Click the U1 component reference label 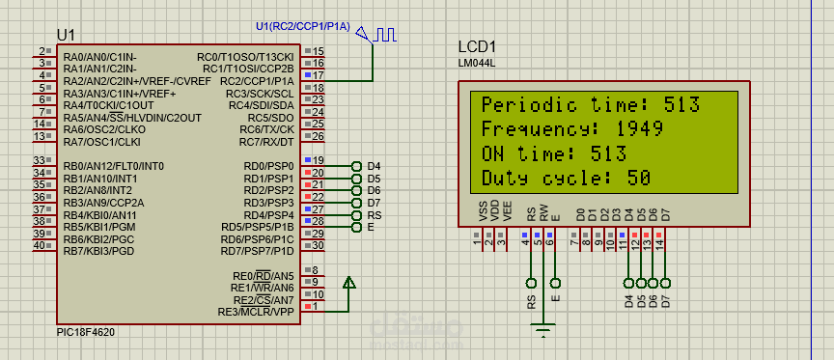point(66,34)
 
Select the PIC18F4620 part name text point(87,331)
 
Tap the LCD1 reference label point(477,47)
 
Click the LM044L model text point(476,65)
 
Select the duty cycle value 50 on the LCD point(637,179)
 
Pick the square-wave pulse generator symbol point(385,36)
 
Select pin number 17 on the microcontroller point(319,74)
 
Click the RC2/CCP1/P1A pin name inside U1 point(257,81)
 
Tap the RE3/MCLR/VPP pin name point(257,312)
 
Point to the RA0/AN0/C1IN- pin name point(100,56)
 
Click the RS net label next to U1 point(374,215)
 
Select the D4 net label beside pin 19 point(374,166)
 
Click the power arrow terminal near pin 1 point(348,284)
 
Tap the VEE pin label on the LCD point(508,211)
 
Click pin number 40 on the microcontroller point(40,245)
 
